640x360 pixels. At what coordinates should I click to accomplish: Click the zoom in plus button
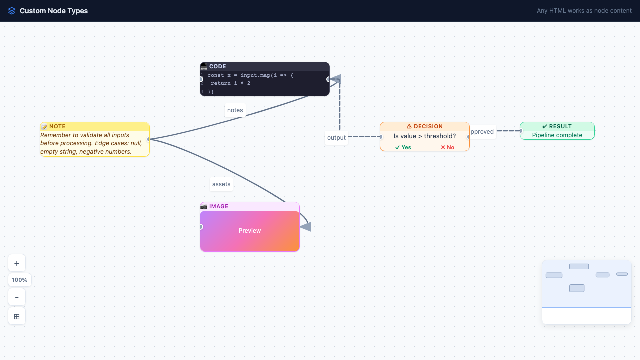coord(17,263)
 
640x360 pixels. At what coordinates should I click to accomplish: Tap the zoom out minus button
coord(17,297)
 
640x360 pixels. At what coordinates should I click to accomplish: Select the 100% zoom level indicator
coord(20,280)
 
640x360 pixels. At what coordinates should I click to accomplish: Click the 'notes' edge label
coord(235,110)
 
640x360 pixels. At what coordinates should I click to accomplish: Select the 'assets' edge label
coord(221,184)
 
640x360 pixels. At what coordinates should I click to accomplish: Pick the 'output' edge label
coord(336,138)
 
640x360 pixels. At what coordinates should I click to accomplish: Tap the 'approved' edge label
coord(482,132)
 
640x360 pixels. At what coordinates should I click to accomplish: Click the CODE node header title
coord(217,66)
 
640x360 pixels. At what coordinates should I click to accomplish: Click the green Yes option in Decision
coord(403,147)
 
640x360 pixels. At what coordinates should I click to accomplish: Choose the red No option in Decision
coord(447,147)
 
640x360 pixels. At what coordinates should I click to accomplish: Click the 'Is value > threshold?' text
coord(424,136)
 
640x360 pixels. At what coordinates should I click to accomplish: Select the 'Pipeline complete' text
coord(557,135)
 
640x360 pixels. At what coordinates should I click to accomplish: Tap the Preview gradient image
coord(250,231)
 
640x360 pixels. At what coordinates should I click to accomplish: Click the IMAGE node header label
coord(218,206)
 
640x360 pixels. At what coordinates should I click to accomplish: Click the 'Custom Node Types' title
coord(54,11)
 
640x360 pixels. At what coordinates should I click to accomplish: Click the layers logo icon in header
coord(12,11)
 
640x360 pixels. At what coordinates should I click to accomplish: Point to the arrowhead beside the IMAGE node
coord(305,227)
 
